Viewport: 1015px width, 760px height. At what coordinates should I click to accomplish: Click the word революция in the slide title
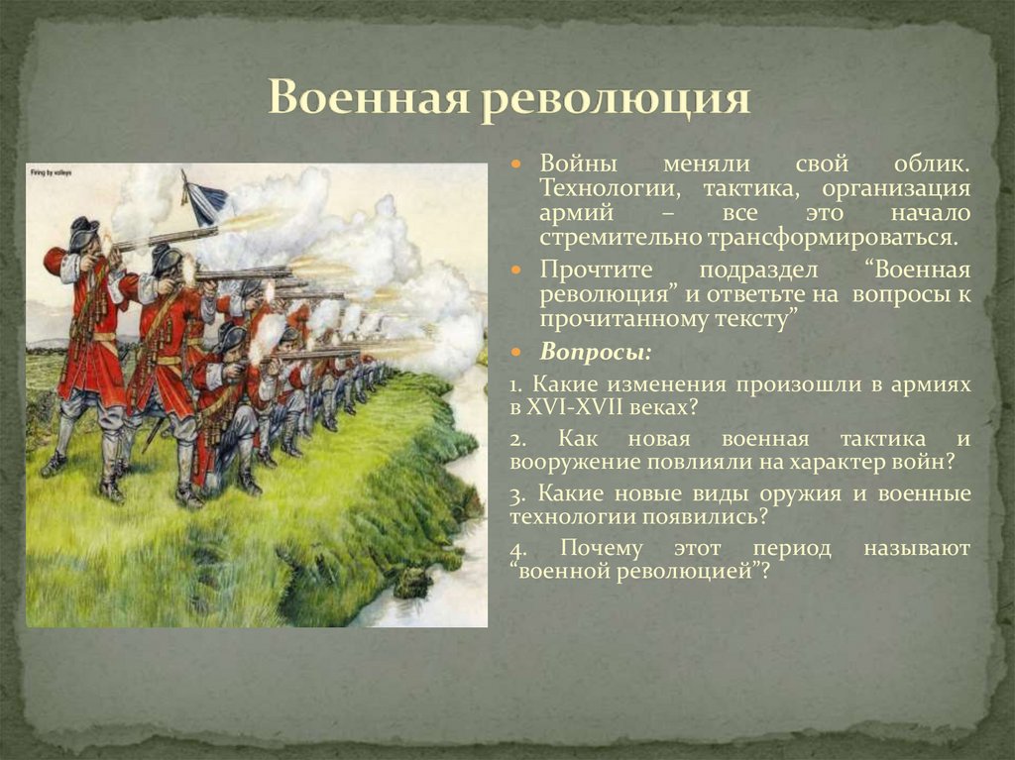(616, 103)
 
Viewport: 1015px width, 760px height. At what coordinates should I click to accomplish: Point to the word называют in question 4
(916, 548)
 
